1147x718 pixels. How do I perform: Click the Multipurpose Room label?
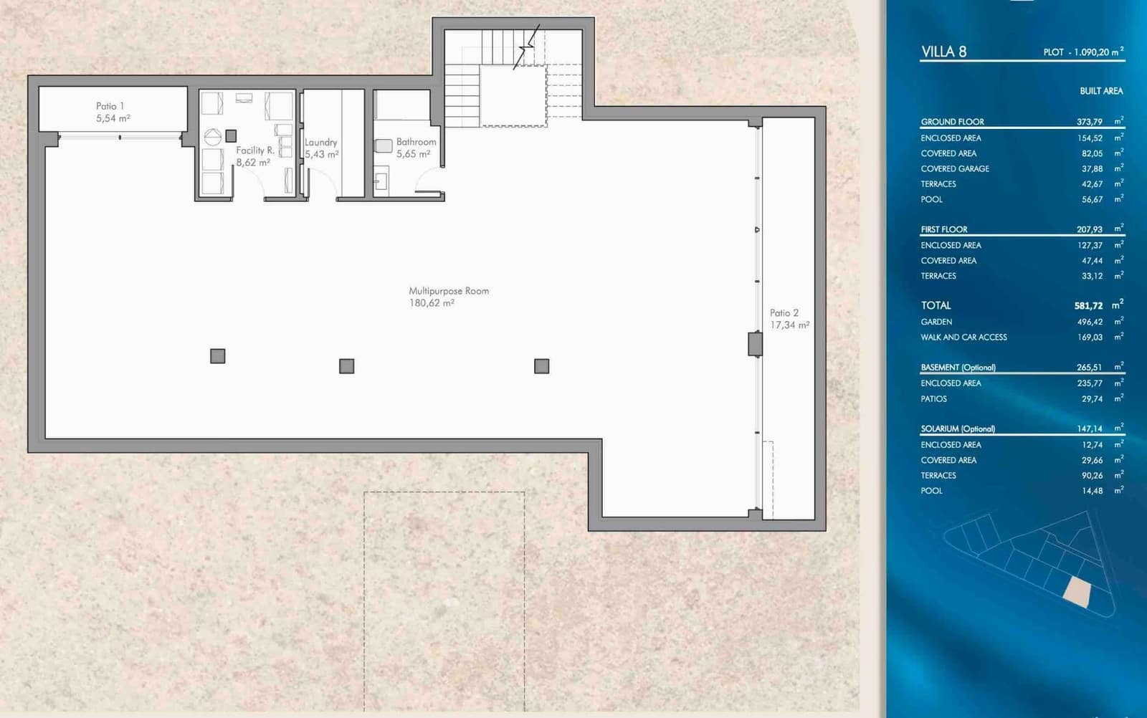(x=449, y=291)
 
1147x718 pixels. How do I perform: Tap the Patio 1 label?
(x=110, y=106)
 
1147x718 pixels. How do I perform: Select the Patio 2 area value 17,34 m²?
(x=789, y=325)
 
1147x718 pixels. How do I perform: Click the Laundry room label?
(x=320, y=143)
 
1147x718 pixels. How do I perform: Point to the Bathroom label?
(x=416, y=142)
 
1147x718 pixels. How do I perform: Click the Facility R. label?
(x=255, y=150)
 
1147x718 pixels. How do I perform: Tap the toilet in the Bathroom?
(x=384, y=146)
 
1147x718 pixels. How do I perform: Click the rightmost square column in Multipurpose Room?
(x=542, y=366)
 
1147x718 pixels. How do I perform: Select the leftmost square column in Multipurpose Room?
(x=218, y=356)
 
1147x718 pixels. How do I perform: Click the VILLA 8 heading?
(x=943, y=52)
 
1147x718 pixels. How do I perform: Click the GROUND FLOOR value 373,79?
(x=1089, y=122)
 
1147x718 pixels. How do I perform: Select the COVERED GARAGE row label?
(x=955, y=169)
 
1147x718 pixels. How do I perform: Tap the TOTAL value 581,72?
(x=1088, y=306)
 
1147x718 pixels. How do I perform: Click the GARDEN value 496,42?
(x=1090, y=322)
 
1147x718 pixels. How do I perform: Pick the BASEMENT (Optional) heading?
(x=958, y=368)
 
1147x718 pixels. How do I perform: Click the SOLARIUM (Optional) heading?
(x=958, y=429)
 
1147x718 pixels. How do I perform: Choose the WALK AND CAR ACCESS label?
(x=963, y=338)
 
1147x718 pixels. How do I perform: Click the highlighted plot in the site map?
(x=1077, y=592)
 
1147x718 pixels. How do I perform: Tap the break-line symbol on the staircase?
(x=528, y=47)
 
